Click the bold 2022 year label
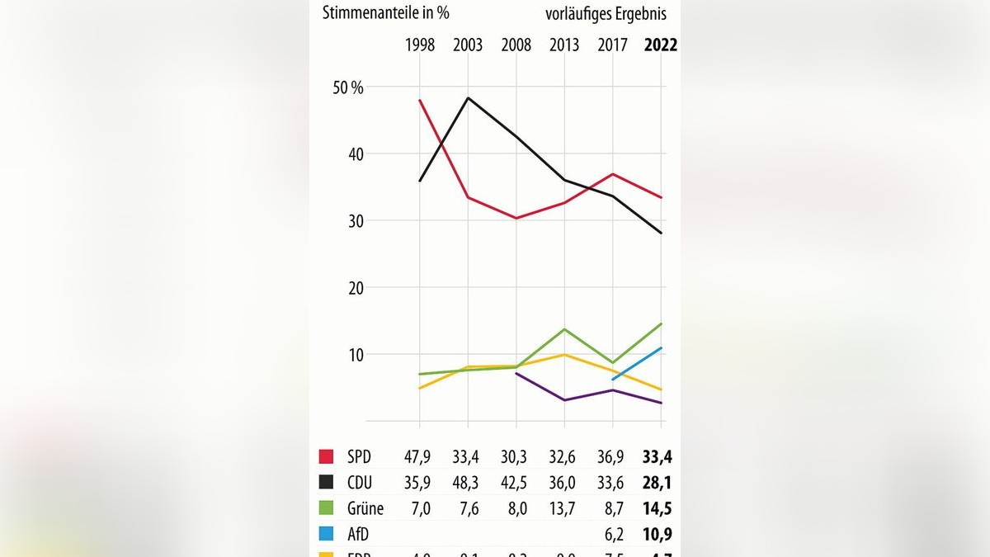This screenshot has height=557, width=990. (x=660, y=45)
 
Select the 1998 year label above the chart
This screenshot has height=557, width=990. (x=420, y=45)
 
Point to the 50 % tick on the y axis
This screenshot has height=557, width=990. (x=348, y=87)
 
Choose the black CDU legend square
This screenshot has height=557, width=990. (x=327, y=483)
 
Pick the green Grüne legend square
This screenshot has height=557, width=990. (x=327, y=509)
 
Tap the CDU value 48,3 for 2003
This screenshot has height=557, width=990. (x=468, y=483)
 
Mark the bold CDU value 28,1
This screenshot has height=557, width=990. (x=660, y=483)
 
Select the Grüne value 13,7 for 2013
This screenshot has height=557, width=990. (x=564, y=509)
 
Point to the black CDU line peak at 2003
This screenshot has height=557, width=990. (x=468, y=98)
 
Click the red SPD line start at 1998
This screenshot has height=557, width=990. (x=420, y=101)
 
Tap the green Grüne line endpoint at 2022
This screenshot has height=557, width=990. (x=661, y=323)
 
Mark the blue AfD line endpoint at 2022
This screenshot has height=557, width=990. (x=661, y=348)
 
